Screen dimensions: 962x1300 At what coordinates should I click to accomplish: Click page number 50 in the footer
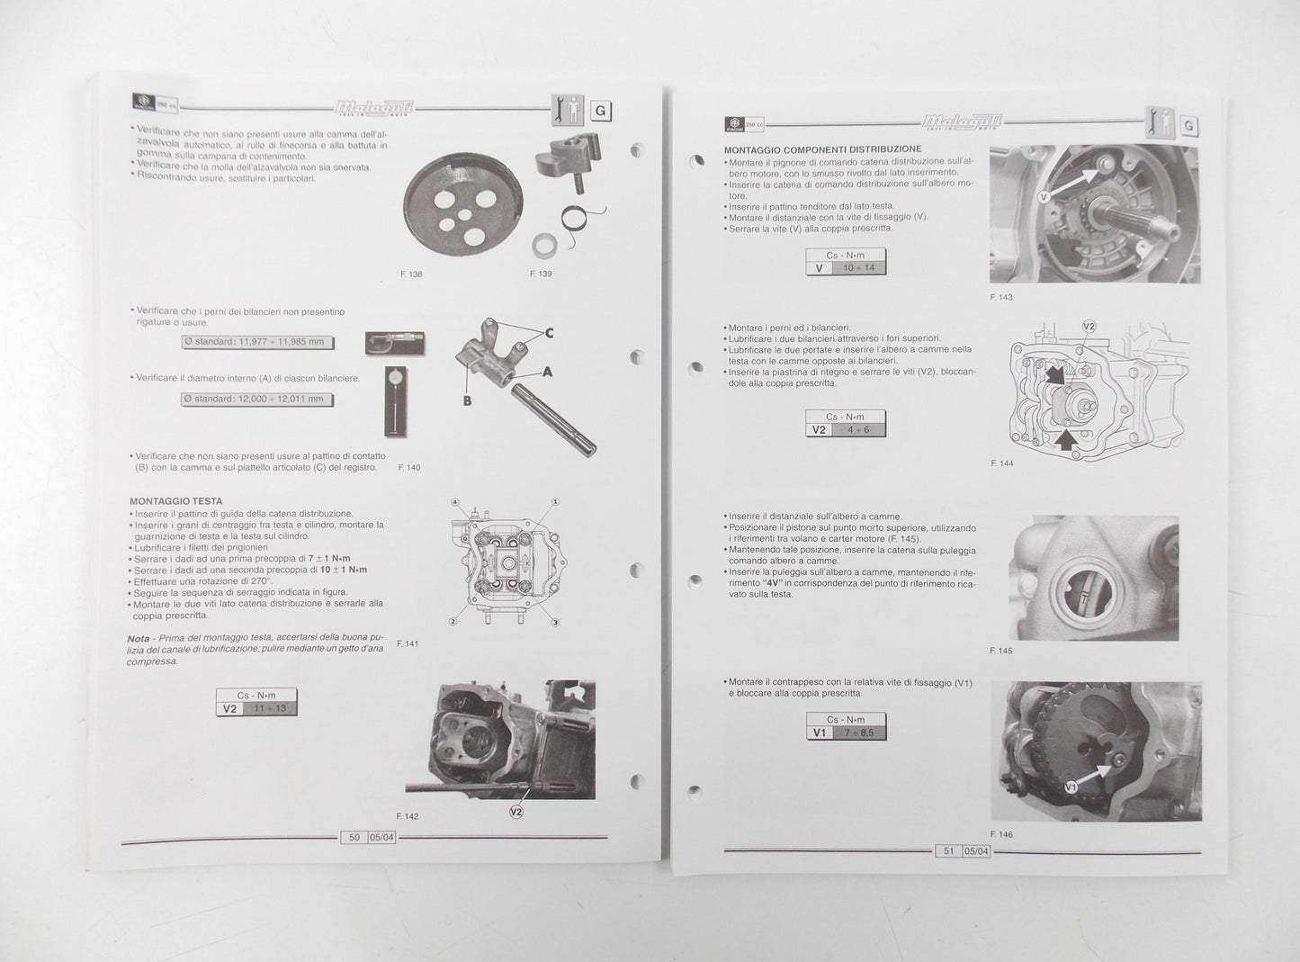pyautogui.click(x=354, y=837)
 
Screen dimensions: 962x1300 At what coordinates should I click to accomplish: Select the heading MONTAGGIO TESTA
pyautogui.click(x=175, y=501)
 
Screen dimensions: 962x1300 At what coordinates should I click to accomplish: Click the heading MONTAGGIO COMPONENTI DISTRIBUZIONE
pyautogui.click(x=822, y=148)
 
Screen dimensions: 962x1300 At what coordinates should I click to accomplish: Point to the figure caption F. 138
pyautogui.click(x=411, y=274)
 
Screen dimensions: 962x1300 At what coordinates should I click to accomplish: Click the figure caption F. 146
pyautogui.click(x=1000, y=834)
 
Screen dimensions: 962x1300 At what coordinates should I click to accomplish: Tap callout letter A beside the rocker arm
pyautogui.click(x=546, y=372)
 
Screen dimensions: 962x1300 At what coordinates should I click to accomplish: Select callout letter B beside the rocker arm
pyautogui.click(x=467, y=400)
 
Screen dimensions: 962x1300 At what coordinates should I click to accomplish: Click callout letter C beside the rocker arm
pyautogui.click(x=549, y=334)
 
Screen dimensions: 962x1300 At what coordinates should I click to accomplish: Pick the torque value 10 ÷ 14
pyautogui.click(x=858, y=267)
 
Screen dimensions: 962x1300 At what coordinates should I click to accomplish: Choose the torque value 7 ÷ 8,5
pyautogui.click(x=857, y=733)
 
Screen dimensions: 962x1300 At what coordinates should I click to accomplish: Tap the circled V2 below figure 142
pyautogui.click(x=516, y=811)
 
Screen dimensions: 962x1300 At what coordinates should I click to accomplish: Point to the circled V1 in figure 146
pyautogui.click(x=1070, y=787)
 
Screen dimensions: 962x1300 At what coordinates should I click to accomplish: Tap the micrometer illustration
pyautogui.click(x=395, y=343)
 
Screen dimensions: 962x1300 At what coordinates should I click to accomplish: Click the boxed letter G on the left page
pyautogui.click(x=600, y=112)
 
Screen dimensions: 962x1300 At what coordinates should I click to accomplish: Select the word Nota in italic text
pyautogui.click(x=139, y=638)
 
